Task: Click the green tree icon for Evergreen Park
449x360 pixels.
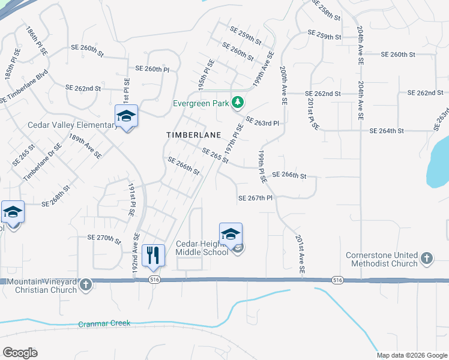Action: pyautogui.click(x=238, y=103)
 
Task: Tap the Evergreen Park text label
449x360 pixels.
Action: pyautogui.click(x=201, y=103)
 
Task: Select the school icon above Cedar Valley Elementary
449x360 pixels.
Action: pyautogui.click(x=126, y=116)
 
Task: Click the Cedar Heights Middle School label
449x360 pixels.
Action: pyautogui.click(x=202, y=248)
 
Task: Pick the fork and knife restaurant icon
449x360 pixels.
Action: pyautogui.click(x=153, y=255)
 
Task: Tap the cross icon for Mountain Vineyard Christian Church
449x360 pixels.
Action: pyautogui.click(x=86, y=284)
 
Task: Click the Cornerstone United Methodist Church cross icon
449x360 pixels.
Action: pyautogui.click(x=426, y=259)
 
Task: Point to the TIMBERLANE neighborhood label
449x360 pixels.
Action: pyautogui.click(x=193, y=136)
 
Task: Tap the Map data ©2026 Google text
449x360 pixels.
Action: pyautogui.click(x=412, y=355)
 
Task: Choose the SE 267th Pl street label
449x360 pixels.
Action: pyautogui.click(x=256, y=198)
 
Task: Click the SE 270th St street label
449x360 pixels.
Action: pyautogui.click(x=104, y=238)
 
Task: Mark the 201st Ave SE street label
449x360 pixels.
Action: pyautogui.click(x=300, y=255)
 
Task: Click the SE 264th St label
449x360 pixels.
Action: pyautogui.click(x=388, y=131)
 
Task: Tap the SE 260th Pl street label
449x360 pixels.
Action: pyautogui.click(x=152, y=69)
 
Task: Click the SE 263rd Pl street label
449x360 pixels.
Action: pyautogui.click(x=262, y=122)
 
